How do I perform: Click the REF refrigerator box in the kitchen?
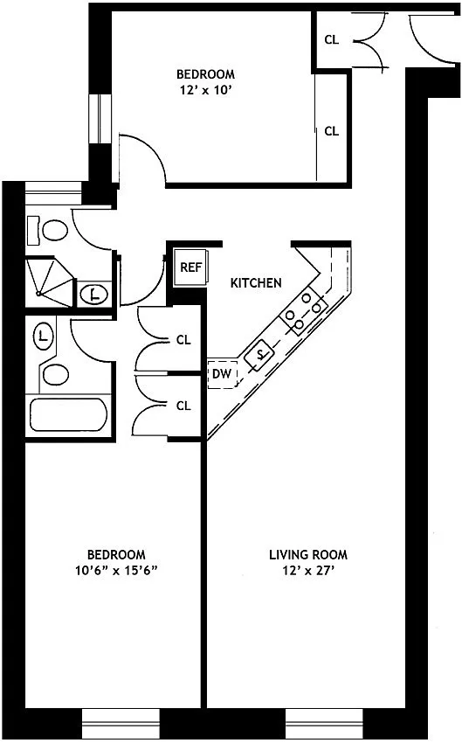point(190,267)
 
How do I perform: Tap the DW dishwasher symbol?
point(222,374)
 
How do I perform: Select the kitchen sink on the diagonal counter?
point(259,354)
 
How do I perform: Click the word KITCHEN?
point(256,283)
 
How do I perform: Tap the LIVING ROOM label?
point(308,554)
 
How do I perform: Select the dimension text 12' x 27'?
point(308,571)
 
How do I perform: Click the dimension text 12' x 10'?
point(205,90)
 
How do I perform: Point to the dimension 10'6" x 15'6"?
point(116,571)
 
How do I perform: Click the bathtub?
point(69,414)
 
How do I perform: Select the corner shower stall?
point(49,282)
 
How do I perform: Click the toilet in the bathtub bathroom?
point(55,375)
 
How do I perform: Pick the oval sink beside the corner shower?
point(95,295)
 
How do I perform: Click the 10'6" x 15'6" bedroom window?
point(121,724)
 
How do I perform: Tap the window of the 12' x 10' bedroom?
point(100,119)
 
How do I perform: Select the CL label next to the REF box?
point(183,340)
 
